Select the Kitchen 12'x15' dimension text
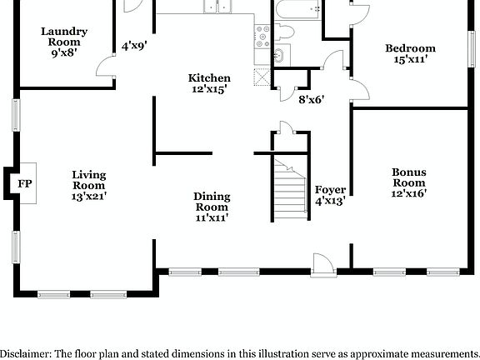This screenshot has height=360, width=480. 208,89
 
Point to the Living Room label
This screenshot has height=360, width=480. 88,180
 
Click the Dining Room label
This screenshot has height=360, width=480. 212,202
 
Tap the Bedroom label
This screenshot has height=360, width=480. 409,48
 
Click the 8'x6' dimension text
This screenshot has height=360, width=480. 311,99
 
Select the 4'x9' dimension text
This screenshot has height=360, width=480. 133,47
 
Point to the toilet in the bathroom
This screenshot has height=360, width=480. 285,32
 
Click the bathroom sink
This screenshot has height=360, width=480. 278,56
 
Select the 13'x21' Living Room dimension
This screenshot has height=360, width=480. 88,196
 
